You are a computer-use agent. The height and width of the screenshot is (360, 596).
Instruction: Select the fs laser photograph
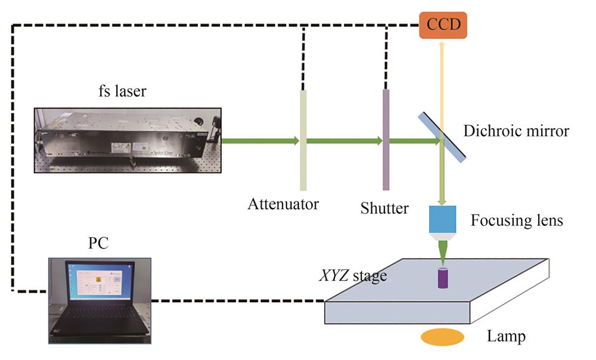[x=128, y=141]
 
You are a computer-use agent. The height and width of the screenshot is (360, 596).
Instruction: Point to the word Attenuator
[x=283, y=204]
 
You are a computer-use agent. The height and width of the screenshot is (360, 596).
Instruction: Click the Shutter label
[x=384, y=209]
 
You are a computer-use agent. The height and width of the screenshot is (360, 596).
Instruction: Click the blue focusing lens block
[x=442, y=219]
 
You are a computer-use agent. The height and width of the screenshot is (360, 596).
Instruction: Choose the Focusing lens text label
[x=516, y=221]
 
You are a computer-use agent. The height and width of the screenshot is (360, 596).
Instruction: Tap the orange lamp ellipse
[x=443, y=337]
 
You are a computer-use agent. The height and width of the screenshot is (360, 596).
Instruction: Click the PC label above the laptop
[x=98, y=244]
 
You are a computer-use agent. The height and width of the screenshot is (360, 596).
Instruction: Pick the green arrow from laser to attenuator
[x=260, y=141]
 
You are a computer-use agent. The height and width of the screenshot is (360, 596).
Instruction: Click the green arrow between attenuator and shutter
[x=344, y=141]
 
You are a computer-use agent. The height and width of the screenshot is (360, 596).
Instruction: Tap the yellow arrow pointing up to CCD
[x=441, y=83]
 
